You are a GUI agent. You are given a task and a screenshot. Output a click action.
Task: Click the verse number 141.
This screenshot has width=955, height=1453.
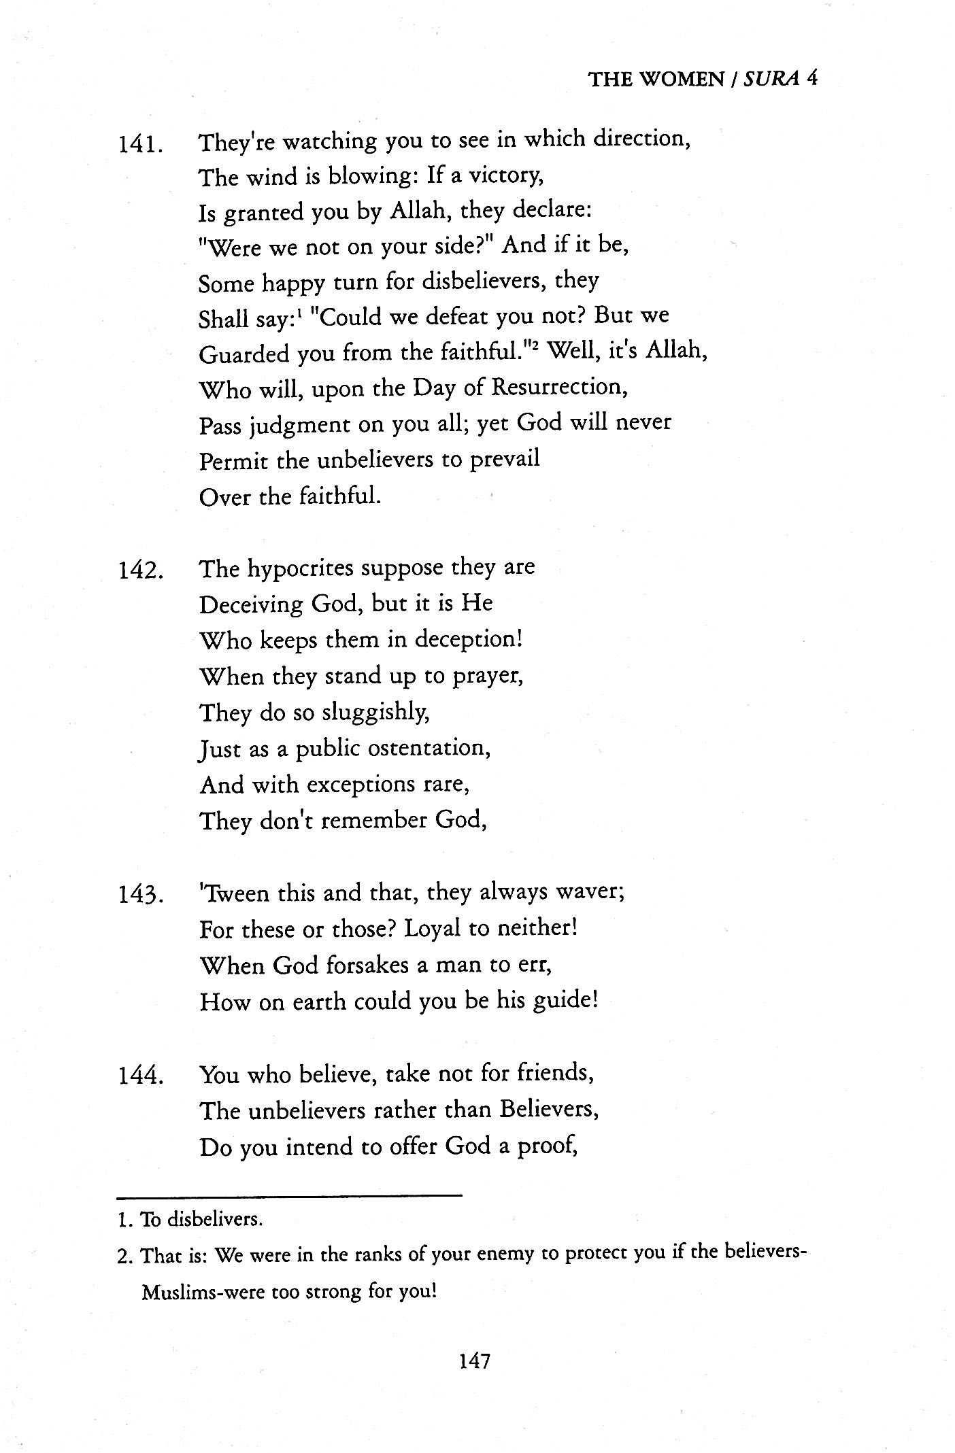tap(139, 145)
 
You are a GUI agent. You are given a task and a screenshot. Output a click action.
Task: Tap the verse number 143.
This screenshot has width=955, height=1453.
tap(139, 895)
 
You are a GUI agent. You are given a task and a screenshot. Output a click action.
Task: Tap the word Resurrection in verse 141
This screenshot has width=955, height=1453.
tap(558, 388)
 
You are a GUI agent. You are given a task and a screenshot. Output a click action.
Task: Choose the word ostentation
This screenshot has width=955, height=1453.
tap(428, 749)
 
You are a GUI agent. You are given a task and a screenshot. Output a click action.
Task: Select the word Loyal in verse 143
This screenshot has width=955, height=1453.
tap(433, 929)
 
